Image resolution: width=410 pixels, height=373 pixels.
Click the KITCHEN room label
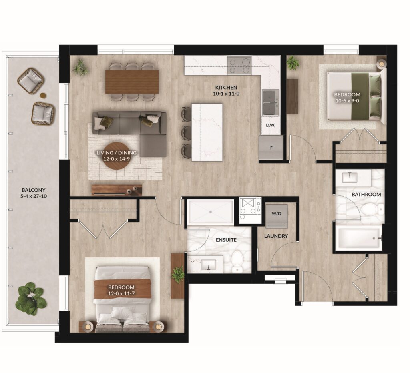226,88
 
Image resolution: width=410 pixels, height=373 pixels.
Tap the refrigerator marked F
271,148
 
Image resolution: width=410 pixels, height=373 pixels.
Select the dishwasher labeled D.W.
271,125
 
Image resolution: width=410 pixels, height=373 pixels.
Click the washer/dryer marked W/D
276,216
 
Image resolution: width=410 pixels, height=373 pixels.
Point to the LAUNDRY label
276,236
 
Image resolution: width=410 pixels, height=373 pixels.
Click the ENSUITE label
226,240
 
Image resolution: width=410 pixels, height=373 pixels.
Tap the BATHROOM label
366,194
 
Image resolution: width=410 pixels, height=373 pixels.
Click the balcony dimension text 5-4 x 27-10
34,196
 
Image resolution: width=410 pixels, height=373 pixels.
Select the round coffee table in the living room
117,156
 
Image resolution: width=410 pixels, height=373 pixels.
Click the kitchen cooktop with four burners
239,66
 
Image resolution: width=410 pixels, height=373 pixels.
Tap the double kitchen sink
271,102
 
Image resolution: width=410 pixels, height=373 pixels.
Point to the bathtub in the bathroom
358,238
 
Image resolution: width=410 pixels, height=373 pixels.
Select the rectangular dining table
132,82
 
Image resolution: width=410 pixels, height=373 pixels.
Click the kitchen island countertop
207,132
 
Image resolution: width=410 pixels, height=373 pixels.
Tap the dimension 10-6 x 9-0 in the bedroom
347,100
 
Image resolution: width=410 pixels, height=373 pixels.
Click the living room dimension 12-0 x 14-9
117,158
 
